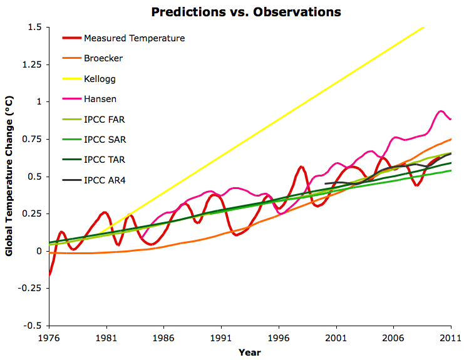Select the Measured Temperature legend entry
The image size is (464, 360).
pyautogui.click(x=134, y=38)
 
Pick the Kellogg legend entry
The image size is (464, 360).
pyautogui.click(x=100, y=79)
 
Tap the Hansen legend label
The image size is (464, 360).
pyautogui.click(x=100, y=99)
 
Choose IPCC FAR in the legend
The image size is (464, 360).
pyautogui.click(x=105, y=120)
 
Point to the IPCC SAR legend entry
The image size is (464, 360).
pyautogui.click(x=105, y=140)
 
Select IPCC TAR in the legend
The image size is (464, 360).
pyautogui.click(x=105, y=160)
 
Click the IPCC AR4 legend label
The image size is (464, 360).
pyautogui.click(x=105, y=180)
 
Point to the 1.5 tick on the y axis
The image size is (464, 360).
pyautogui.click(x=34, y=28)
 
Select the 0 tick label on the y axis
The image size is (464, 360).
pyautogui.click(x=39, y=251)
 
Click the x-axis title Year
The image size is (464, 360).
pyautogui.click(x=249, y=352)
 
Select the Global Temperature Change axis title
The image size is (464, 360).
pyautogui.click(x=9, y=177)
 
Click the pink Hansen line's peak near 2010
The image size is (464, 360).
pyautogui.click(x=440, y=111)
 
